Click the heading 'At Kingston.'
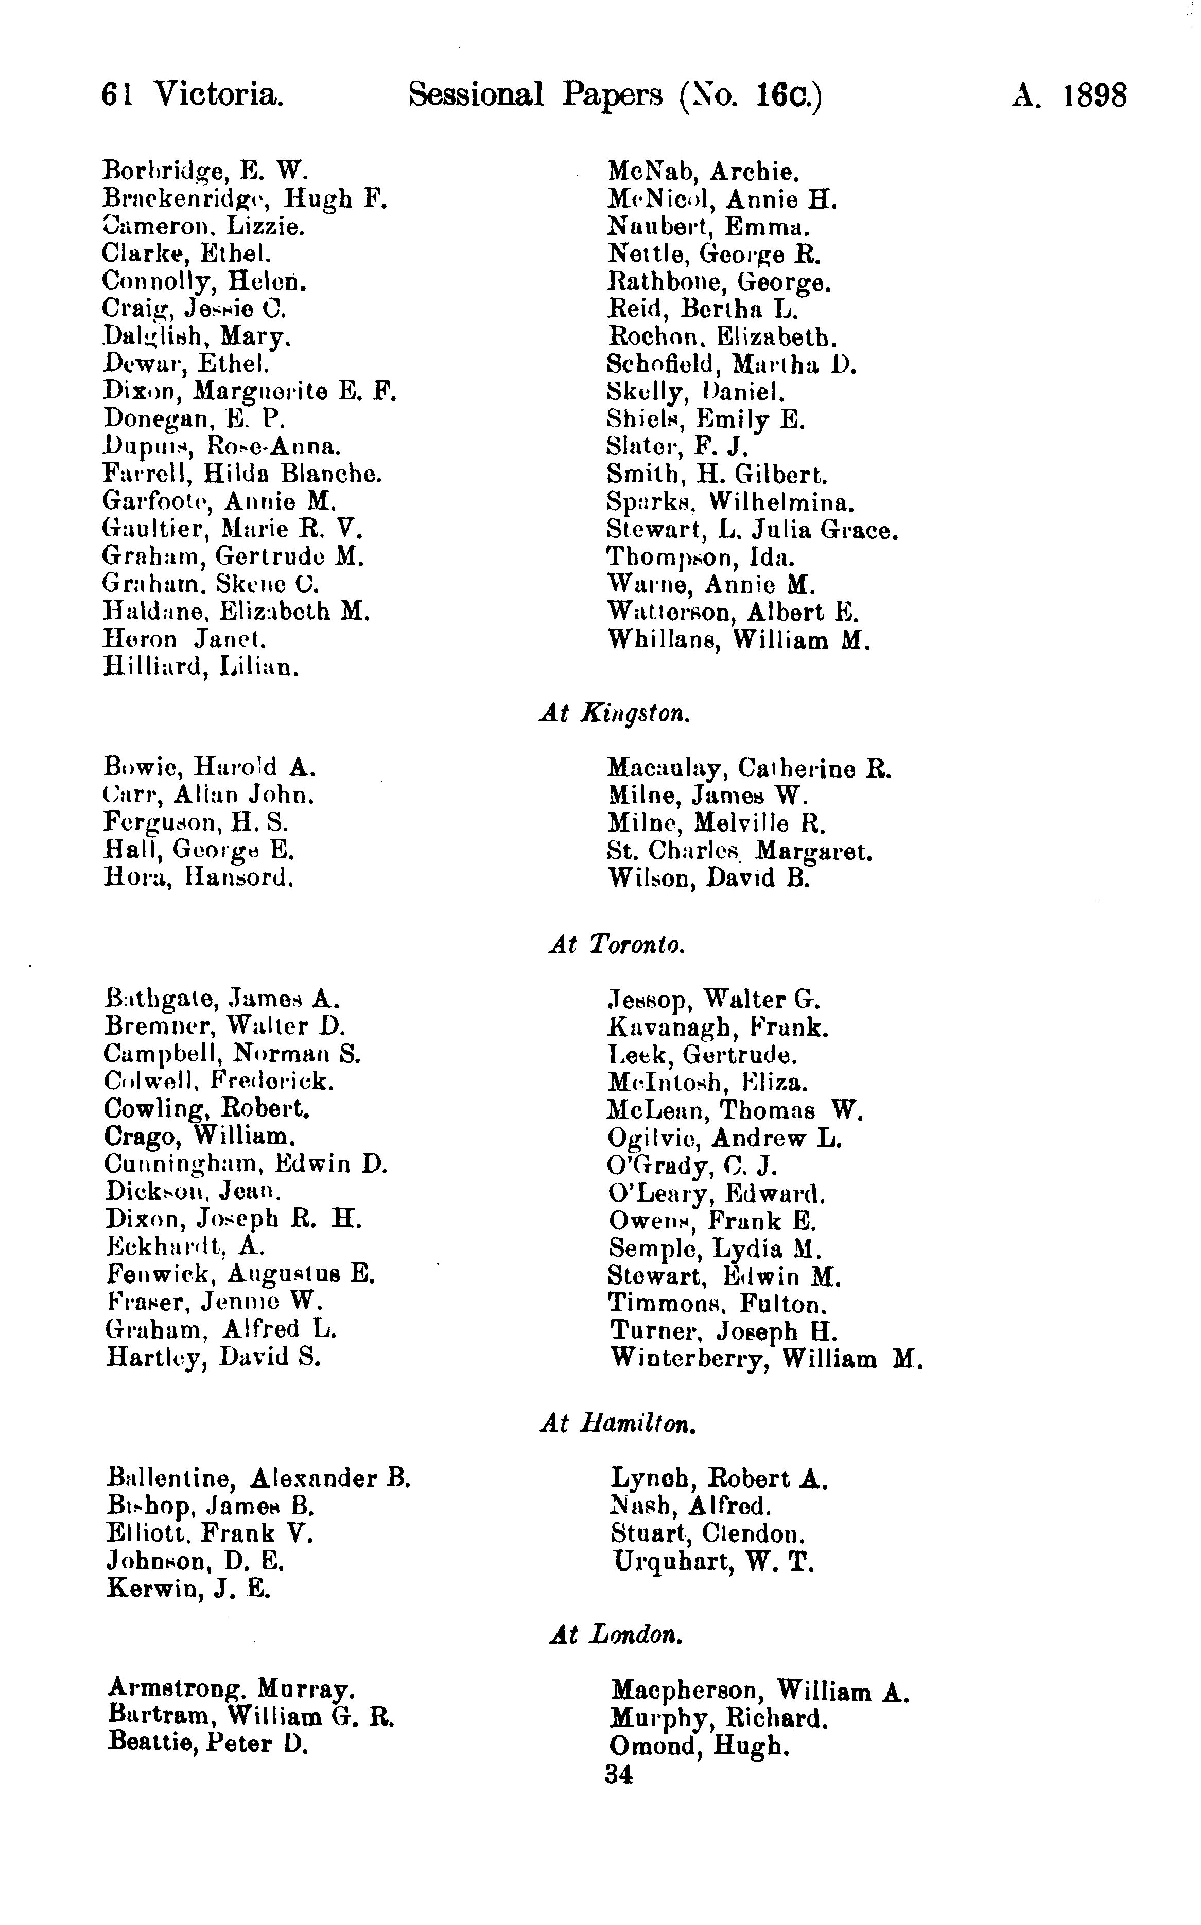tap(615, 713)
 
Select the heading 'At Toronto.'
tap(616, 944)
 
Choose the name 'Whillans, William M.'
tap(739, 640)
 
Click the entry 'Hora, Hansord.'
tap(199, 877)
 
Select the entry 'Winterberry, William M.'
tap(767, 1358)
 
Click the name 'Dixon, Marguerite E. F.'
tap(249, 391)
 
